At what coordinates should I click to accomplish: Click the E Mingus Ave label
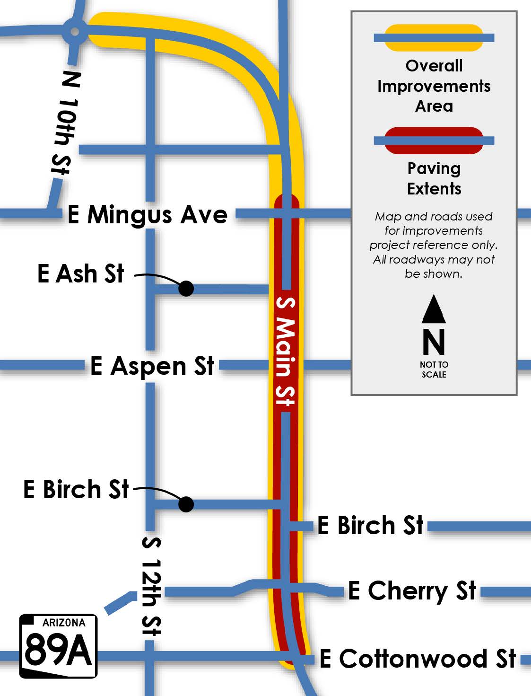point(148,215)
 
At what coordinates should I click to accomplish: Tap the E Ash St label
point(81,274)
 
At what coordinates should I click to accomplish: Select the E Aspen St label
point(152,366)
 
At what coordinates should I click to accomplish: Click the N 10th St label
point(66,123)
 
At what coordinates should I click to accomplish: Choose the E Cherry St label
point(412,590)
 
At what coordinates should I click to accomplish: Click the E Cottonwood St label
point(418,659)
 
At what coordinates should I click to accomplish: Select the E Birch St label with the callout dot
point(76,489)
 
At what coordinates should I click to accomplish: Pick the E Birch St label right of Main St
point(370,525)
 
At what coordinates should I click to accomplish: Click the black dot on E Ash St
point(186,288)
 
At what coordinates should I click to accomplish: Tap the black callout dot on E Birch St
point(186,504)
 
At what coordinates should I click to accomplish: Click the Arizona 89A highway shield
point(58,646)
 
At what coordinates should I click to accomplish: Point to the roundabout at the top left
point(74,32)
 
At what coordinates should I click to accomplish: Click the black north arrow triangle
point(434,309)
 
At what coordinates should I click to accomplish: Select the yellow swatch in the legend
point(434,38)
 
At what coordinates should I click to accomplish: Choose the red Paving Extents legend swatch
point(434,141)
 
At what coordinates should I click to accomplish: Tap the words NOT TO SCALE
point(434,370)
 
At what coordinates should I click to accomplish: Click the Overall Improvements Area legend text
point(434,86)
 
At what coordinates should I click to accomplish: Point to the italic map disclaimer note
point(434,245)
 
